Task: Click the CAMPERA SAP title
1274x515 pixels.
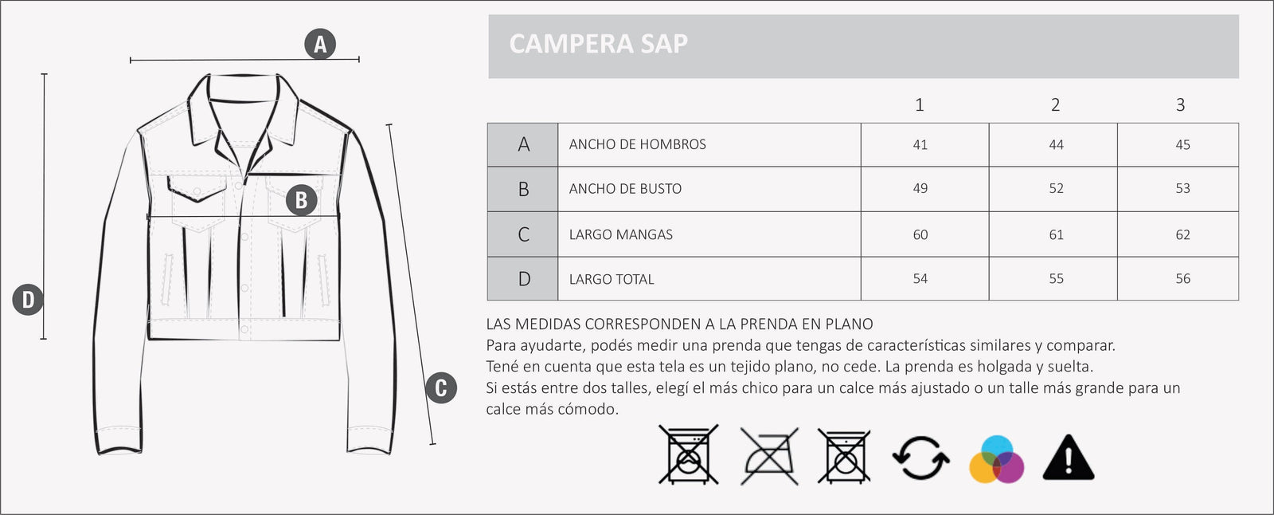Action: point(598,44)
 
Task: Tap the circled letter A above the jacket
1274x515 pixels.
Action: point(320,44)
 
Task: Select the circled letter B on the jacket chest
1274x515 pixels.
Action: point(301,199)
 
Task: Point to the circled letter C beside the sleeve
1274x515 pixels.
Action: point(441,388)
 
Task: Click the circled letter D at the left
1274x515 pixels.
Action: point(28,300)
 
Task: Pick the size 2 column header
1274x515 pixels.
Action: point(1055,104)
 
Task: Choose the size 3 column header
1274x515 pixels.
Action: point(1180,104)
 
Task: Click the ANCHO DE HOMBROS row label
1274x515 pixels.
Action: point(637,144)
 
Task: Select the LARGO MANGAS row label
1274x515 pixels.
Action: point(620,234)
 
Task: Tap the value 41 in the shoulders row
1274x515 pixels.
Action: point(920,145)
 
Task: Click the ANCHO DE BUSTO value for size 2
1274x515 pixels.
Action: point(1056,189)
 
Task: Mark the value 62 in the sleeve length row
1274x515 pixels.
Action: point(1182,235)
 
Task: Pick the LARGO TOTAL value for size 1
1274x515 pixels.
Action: point(920,279)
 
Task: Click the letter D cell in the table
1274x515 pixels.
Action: point(523,279)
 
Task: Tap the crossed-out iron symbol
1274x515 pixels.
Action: point(769,456)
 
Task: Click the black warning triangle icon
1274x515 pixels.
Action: point(1069,458)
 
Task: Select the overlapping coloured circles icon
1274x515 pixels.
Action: point(996,459)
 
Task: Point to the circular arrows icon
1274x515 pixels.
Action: point(920,458)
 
